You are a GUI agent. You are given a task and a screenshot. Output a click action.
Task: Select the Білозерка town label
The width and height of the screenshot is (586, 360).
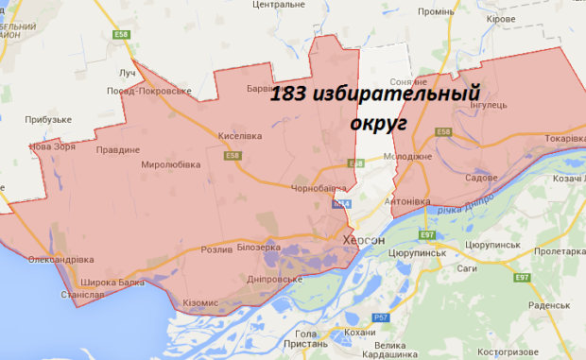260,247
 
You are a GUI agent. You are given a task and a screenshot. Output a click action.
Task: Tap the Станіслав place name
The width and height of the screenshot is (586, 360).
81,295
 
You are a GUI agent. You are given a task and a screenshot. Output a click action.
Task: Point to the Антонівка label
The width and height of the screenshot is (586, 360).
408,202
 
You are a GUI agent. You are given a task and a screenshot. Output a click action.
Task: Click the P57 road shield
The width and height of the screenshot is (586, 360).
379,317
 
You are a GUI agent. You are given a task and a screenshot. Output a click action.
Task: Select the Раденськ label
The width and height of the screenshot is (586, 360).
548,306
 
